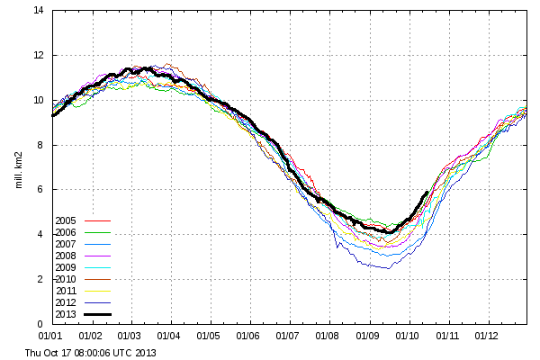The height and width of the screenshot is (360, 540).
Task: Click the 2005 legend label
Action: click(66, 220)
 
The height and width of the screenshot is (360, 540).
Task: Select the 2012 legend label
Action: click(66, 302)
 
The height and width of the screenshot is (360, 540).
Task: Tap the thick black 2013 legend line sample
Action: click(98, 314)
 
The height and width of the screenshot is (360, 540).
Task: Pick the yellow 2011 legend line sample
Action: click(98, 291)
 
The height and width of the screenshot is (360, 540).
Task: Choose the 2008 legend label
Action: click(66, 256)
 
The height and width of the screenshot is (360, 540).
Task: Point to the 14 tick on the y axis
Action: click(39, 10)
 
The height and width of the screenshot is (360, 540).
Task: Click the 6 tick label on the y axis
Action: click(40, 189)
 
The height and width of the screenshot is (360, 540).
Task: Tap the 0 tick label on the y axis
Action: click(40, 324)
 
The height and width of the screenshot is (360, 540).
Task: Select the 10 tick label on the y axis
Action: click(39, 100)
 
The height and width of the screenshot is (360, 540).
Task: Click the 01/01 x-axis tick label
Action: click(50, 336)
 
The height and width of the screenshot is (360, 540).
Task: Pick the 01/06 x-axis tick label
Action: click(248, 336)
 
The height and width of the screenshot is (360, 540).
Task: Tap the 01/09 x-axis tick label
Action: click(367, 336)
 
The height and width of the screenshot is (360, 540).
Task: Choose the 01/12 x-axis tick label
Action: click(486, 336)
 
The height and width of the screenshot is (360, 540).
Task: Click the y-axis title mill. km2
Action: click(19, 170)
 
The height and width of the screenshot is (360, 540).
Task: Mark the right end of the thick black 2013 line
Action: click(427, 193)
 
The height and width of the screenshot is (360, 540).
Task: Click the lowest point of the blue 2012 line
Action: click(389, 268)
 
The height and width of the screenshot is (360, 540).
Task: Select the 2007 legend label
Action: click(66, 244)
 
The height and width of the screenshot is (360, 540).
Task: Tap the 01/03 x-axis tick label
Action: click(129, 336)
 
